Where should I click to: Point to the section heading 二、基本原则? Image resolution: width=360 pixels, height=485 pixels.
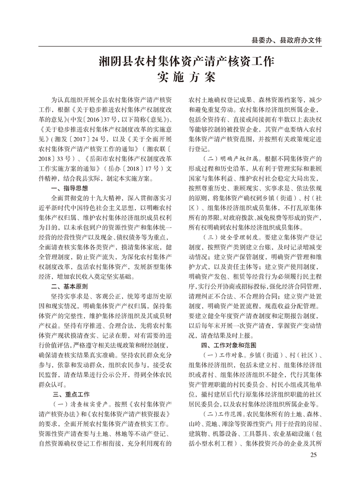70,286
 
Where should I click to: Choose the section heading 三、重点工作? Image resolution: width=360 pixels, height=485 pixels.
70,395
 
